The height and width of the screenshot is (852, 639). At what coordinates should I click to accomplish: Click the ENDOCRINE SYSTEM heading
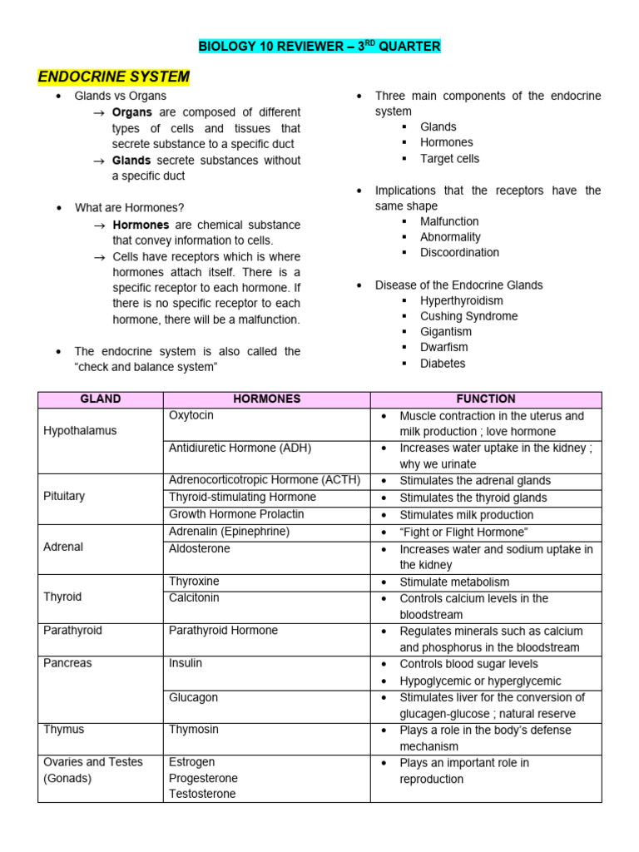point(114,77)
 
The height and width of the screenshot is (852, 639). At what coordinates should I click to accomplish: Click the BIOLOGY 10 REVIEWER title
point(319,47)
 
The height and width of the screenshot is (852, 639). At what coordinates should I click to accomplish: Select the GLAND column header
point(100,399)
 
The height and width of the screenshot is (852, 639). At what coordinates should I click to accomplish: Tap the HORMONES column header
point(266,399)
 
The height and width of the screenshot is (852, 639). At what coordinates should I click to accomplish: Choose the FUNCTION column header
point(486,399)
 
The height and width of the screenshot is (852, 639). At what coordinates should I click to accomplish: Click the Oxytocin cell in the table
point(191,415)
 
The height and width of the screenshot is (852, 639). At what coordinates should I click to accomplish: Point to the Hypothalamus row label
point(80,431)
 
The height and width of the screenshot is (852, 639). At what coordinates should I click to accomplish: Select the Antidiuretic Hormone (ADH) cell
point(240,448)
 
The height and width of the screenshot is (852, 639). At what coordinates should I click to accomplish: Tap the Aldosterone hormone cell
point(200,549)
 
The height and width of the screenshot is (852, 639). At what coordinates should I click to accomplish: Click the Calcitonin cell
point(194,597)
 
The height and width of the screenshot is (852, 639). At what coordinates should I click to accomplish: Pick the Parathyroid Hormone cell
point(223,631)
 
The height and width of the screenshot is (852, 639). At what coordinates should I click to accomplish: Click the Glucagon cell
point(193,697)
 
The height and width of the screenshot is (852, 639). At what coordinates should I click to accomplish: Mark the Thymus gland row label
point(63,730)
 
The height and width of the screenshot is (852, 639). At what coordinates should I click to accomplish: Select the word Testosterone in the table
point(202,794)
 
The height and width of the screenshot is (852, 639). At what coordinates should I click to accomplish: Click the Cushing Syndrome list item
point(468,316)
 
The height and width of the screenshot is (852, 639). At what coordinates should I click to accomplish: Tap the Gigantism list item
point(446,332)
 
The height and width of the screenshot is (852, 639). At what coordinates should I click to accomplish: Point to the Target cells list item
point(449,158)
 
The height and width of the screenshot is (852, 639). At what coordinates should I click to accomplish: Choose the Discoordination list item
point(459,252)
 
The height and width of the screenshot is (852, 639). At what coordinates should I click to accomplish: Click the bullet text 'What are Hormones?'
point(130,207)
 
